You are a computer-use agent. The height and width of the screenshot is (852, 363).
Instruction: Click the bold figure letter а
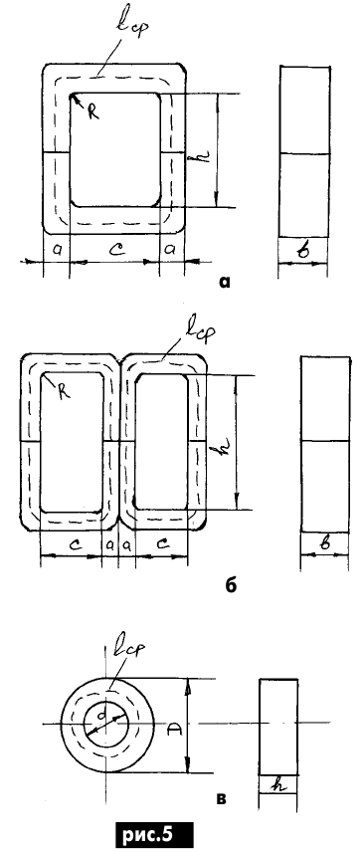point(224,282)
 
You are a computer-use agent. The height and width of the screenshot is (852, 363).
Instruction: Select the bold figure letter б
point(231,586)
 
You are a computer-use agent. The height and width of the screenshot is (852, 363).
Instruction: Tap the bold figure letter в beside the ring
point(222,798)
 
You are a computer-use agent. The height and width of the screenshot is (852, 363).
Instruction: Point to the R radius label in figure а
point(93,112)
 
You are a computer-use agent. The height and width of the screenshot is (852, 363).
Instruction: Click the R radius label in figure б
point(65,392)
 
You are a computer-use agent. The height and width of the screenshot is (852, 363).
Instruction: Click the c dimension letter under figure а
point(115,250)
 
